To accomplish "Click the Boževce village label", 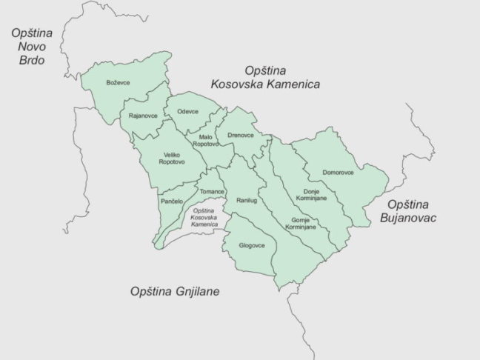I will tap(119, 82).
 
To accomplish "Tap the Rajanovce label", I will tap(143, 116).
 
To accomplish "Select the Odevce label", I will tap(187, 111).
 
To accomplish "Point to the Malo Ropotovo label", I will tap(205, 141).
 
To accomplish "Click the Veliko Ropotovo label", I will tap(173, 159).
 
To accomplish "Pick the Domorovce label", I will tap(338, 173).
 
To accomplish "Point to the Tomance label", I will tap(212, 192).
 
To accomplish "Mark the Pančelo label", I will tap(171, 201).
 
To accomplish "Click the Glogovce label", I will tap(252, 244).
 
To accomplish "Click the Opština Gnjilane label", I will tap(174, 291).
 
